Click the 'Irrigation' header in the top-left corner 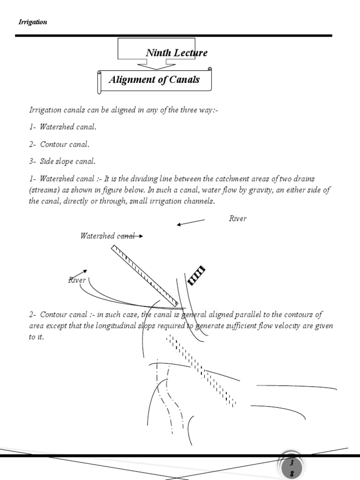32,22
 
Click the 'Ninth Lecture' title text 176,52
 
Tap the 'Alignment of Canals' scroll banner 154,80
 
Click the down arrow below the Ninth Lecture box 156,65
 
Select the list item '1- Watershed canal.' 63,127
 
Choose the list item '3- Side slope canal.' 62,161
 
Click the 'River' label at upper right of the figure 238,218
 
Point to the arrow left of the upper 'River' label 190,222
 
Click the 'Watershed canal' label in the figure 107,236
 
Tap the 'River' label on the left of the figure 77,280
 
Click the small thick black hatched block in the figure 196,275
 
